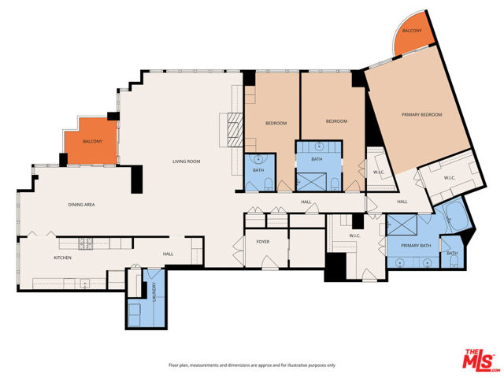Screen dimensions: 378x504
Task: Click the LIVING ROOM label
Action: point(187,161)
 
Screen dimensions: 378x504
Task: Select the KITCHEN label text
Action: point(63,258)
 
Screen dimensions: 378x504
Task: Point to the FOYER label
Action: point(263,242)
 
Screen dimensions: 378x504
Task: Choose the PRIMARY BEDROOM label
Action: point(421,115)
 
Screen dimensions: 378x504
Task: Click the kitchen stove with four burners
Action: point(86,243)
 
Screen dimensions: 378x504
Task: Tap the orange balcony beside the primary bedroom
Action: point(410,35)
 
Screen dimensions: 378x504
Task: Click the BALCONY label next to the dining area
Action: point(93,141)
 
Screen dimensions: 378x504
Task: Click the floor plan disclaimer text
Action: point(251,365)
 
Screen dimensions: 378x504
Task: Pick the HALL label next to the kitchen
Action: point(168,254)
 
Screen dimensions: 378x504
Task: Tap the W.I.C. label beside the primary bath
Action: point(354,235)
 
